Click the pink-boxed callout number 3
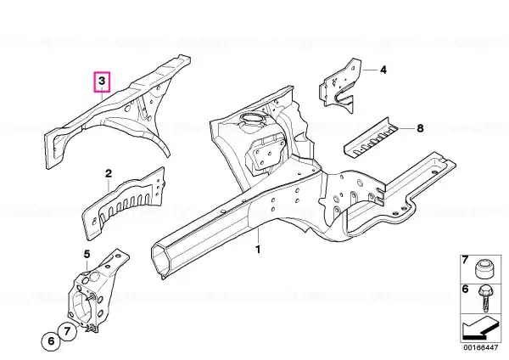(x=102, y=81)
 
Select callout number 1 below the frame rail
(x=258, y=250)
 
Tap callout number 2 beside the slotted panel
(x=109, y=173)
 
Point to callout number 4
(x=383, y=70)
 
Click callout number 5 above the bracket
(x=87, y=254)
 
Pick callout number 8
(x=420, y=128)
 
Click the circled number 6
(x=51, y=341)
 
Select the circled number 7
(x=67, y=331)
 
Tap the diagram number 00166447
(x=480, y=347)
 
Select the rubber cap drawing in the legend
(x=484, y=269)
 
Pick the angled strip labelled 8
(x=371, y=138)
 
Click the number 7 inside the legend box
(x=465, y=260)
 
